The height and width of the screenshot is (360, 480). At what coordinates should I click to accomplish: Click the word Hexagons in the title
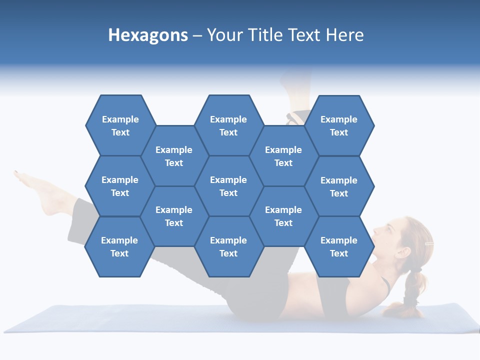tap(148, 35)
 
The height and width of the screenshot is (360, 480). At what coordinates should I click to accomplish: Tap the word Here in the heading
tap(344, 35)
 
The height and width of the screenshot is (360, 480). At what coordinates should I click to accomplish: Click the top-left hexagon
tap(120, 125)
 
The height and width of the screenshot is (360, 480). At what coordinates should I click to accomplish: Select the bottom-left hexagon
tap(119, 246)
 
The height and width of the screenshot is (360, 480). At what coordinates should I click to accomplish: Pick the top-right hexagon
tap(339, 125)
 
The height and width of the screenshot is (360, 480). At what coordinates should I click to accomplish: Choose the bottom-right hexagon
tap(339, 246)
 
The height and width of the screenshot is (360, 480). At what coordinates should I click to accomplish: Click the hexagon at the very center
tap(228, 186)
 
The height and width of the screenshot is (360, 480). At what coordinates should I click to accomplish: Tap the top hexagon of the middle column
tap(228, 125)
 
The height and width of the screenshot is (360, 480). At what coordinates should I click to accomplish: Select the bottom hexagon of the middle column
tap(228, 246)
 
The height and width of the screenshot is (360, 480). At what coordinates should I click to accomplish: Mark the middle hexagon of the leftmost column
tap(120, 186)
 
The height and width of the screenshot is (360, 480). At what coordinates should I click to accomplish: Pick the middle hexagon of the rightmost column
tap(339, 186)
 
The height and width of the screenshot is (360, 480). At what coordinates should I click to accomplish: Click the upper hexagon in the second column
tap(174, 156)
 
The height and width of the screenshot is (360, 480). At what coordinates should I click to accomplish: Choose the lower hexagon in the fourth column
tap(283, 216)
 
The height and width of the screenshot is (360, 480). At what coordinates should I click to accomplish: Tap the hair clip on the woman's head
tap(428, 243)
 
